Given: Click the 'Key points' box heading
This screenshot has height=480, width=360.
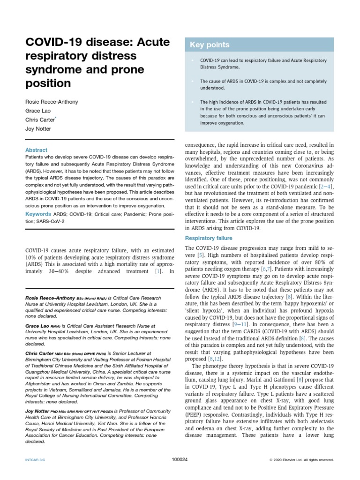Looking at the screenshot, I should pos(210,45).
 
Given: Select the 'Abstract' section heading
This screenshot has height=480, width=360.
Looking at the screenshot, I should pos(36,150).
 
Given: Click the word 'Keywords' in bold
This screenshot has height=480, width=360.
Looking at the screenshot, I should pos(38,214).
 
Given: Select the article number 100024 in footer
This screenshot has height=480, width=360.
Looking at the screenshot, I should pos(180,460).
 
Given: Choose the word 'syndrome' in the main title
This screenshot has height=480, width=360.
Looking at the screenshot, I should pos(53,69).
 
